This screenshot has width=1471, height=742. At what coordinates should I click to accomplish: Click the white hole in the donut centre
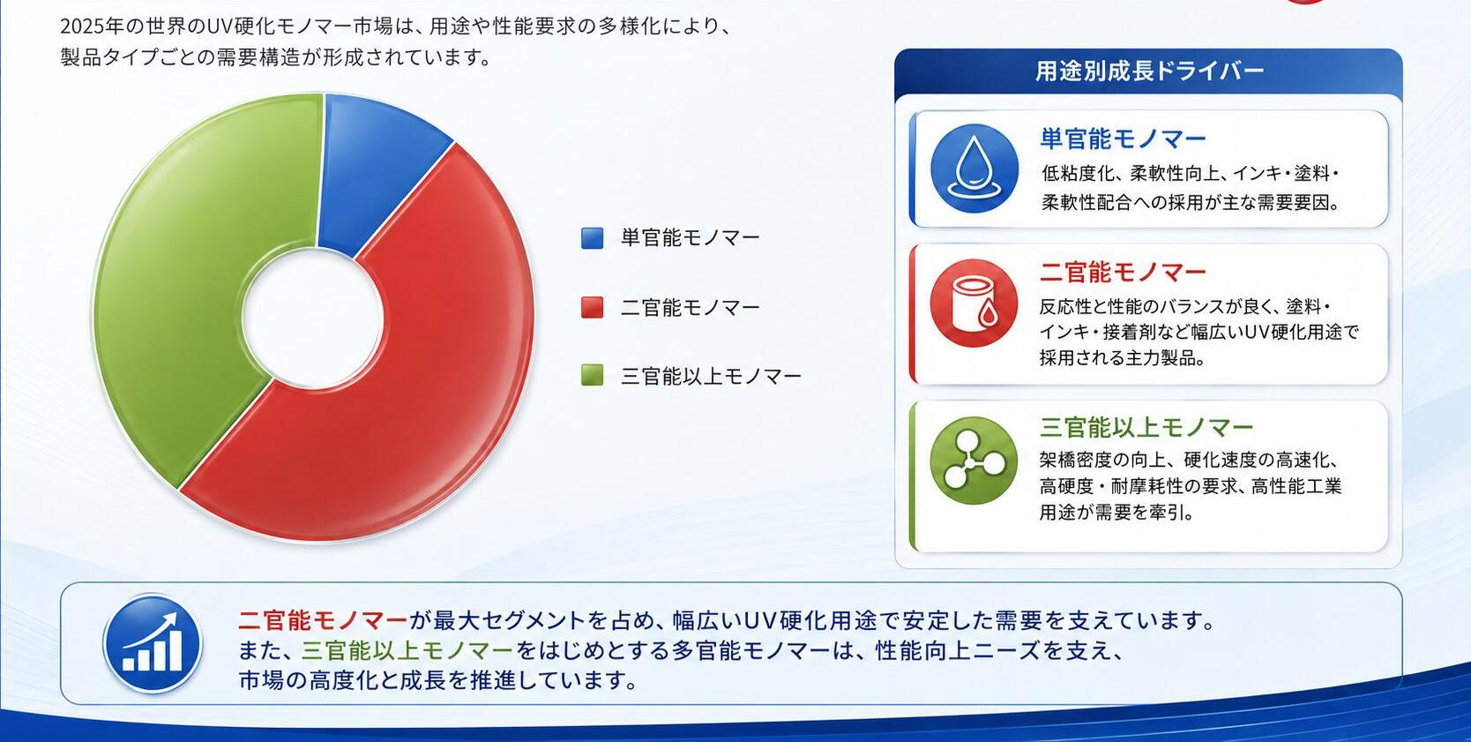(312, 319)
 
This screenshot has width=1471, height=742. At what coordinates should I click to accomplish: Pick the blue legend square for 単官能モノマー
(593, 238)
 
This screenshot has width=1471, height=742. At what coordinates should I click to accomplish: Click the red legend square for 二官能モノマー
(593, 308)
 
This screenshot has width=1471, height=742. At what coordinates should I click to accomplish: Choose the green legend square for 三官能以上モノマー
(593, 376)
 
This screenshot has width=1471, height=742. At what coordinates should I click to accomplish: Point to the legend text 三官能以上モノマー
(711, 377)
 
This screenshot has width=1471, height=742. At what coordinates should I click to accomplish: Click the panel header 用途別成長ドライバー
(1149, 71)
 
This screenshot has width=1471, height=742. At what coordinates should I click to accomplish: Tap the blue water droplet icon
(974, 169)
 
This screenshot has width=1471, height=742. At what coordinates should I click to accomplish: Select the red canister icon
(974, 303)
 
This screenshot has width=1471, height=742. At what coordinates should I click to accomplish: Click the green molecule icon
(974, 461)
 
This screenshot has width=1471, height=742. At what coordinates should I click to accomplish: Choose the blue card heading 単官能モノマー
(1123, 139)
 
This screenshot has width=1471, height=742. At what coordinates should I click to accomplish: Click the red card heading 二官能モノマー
(1123, 272)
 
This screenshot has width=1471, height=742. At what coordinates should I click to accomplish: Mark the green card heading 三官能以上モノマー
(1146, 428)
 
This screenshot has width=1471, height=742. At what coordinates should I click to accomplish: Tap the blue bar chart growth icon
(153, 644)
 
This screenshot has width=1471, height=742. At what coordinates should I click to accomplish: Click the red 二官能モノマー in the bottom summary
(323, 620)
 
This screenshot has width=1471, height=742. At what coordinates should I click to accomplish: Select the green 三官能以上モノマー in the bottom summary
(407, 650)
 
